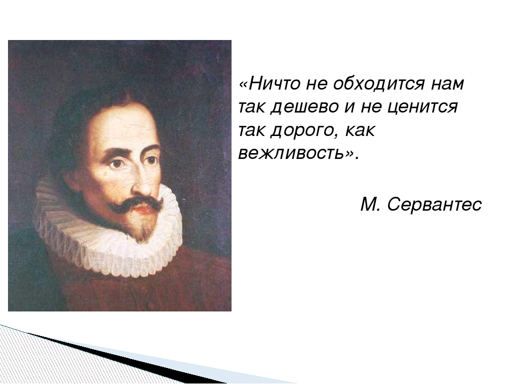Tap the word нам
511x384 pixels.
pos(447,84)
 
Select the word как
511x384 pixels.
pos(361,131)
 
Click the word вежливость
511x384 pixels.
pos(291,154)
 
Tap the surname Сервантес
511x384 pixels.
pos(435,204)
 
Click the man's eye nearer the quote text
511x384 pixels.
pos(152,158)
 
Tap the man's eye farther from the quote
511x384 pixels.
pos(115,164)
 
